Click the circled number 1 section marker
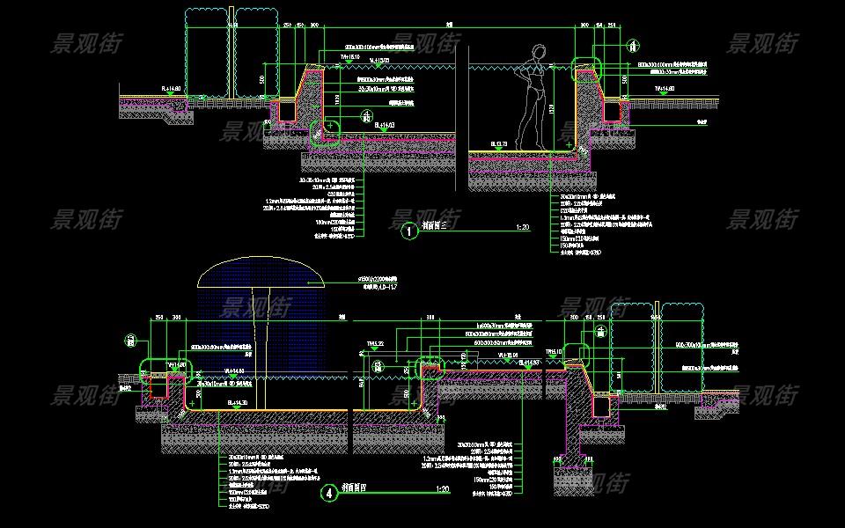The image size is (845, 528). click(408, 231)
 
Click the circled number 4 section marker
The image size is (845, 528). click(329, 494)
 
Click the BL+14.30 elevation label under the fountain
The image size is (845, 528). click(239, 401)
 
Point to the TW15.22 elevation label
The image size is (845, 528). click(375, 344)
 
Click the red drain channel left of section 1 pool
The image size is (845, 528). click(285, 110)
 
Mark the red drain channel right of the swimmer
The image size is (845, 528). click(613, 110)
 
